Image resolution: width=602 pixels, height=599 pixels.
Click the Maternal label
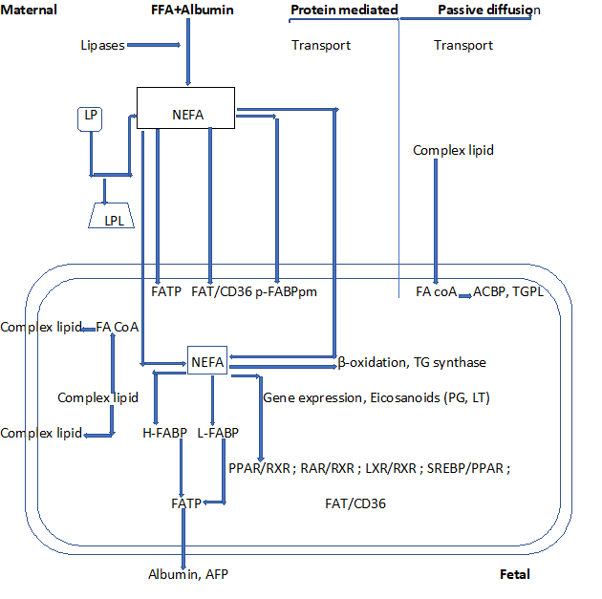(29, 11)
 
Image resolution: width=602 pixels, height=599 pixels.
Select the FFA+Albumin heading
(192, 11)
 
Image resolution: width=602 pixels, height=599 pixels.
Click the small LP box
(89, 118)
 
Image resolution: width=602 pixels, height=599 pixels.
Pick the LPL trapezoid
(111, 217)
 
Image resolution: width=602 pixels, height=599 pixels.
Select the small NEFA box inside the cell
(207, 362)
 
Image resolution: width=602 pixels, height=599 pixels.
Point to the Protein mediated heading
(344, 11)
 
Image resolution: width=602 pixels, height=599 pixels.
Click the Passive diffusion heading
(488, 11)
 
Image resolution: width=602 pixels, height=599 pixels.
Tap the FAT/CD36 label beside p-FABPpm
(222, 291)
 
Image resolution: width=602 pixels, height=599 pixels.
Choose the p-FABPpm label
(286, 291)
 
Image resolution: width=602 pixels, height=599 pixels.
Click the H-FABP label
(163, 433)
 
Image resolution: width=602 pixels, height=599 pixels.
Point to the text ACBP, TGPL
(508, 291)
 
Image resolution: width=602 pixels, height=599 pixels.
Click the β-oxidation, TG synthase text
(412, 362)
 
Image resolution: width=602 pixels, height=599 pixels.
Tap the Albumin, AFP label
(188, 574)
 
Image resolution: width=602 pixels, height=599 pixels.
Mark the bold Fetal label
(514, 574)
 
